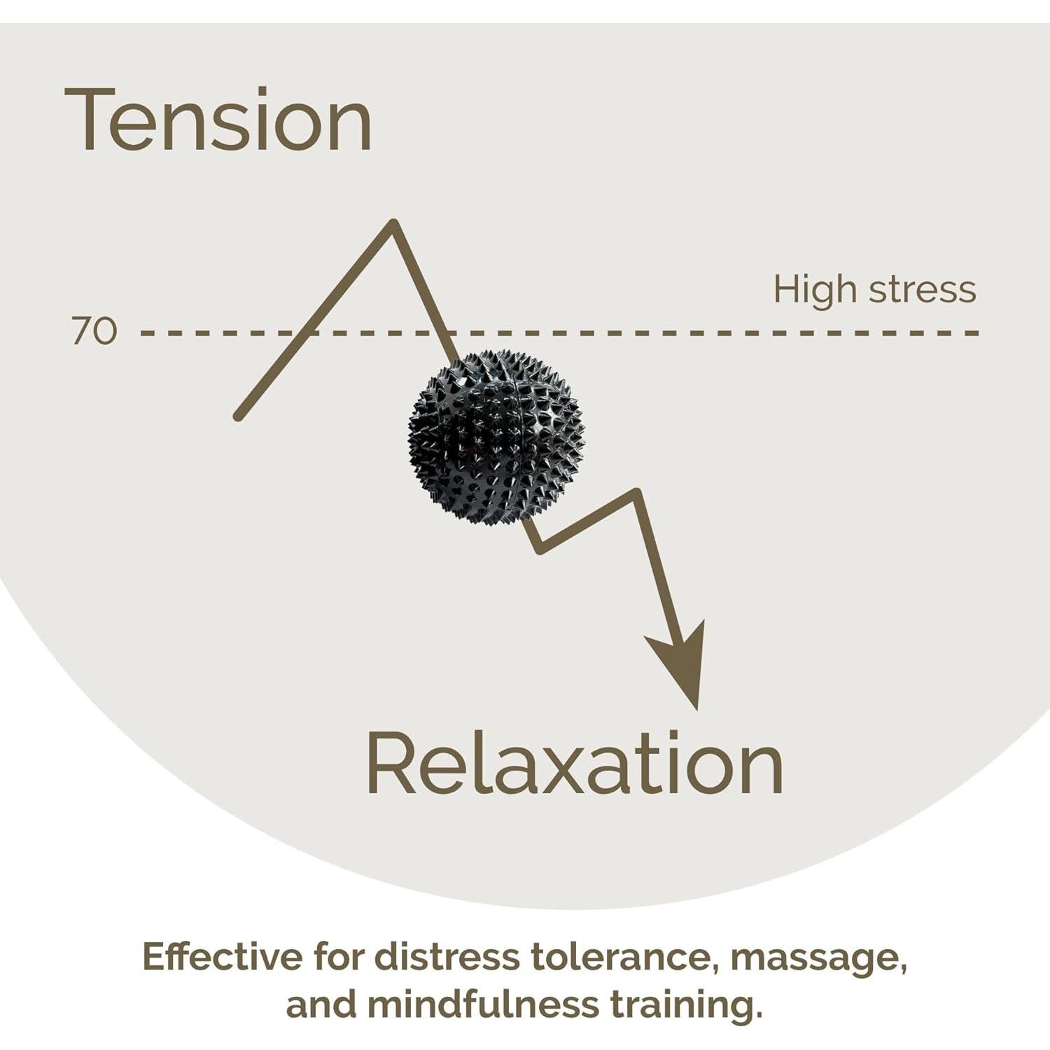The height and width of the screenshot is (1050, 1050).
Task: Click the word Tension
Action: (x=218, y=120)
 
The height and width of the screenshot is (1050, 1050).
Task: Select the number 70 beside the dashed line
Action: (x=94, y=331)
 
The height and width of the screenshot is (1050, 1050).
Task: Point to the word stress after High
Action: (x=922, y=290)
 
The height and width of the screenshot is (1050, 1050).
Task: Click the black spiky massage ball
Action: (x=496, y=438)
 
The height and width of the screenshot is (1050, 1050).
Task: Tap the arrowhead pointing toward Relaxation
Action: (x=682, y=661)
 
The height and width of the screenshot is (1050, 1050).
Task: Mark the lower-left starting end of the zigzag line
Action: (x=239, y=416)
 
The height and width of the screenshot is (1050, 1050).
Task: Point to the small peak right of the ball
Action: (x=636, y=493)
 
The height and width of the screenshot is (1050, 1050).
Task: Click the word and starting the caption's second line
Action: (x=321, y=1004)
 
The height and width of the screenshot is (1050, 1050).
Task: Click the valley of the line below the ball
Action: (x=540, y=548)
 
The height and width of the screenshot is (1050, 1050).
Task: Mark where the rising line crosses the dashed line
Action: (x=306, y=332)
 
